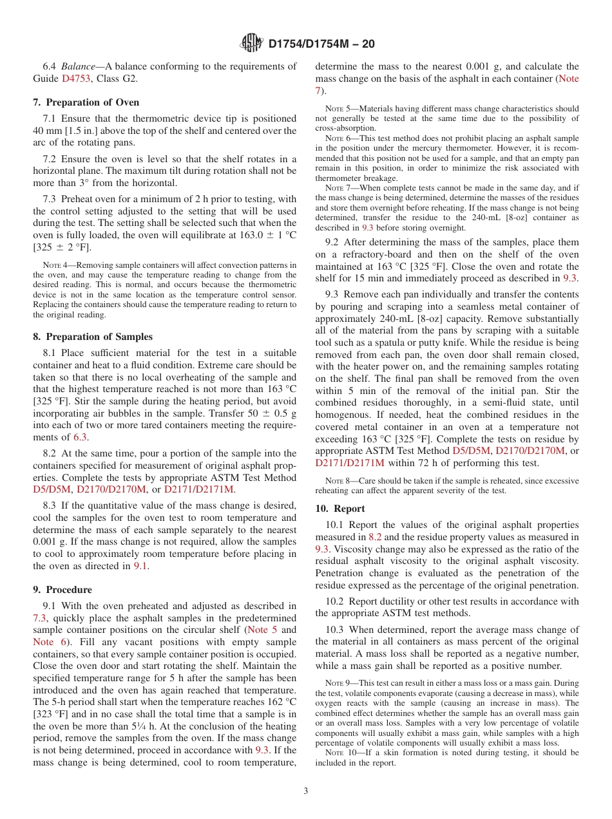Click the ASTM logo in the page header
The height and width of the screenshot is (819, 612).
click(x=251, y=43)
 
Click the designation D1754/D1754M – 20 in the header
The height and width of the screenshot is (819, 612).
click(x=321, y=44)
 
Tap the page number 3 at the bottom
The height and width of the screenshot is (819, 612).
click(x=306, y=791)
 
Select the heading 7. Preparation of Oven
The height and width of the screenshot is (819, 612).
click(x=86, y=102)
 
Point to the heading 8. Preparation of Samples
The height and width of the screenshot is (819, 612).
click(x=93, y=336)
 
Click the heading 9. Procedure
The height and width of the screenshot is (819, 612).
click(x=62, y=589)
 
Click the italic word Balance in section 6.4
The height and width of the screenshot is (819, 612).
click(x=78, y=66)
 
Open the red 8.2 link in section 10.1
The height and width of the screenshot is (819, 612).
click(x=375, y=537)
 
